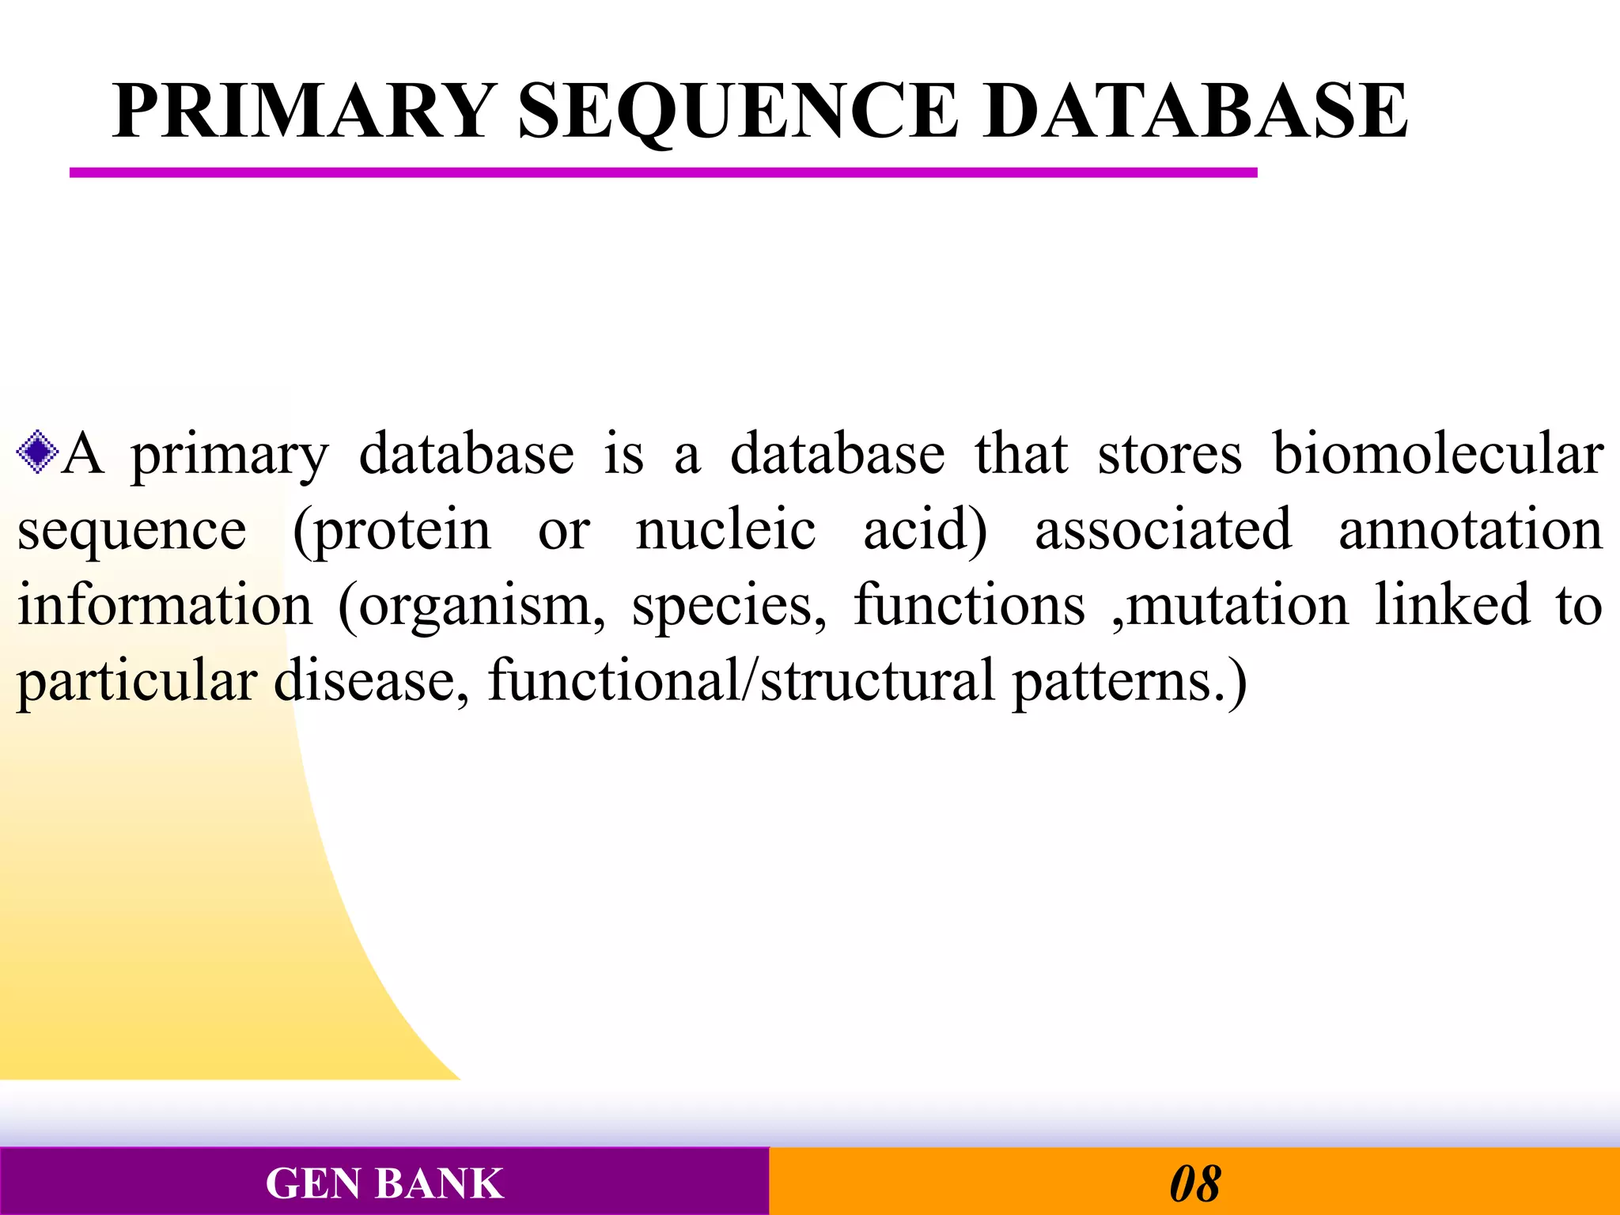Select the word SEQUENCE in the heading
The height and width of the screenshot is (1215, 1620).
pos(738,112)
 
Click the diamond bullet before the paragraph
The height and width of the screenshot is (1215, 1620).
pos(37,452)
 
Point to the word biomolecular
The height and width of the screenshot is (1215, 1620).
pos(1437,454)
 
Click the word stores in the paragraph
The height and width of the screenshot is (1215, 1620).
pos(1169,454)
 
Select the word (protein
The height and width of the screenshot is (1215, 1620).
pos(392,530)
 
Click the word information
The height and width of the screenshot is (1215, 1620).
pos(165,604)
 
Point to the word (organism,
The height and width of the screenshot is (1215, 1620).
pos(471,606)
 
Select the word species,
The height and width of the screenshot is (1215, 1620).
pos(729,606)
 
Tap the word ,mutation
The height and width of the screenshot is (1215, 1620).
pos(1229,606)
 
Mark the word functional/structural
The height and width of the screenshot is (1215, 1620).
pos(740,680)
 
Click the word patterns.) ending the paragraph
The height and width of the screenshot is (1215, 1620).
pos(1129,680)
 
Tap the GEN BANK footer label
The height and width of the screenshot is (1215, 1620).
pos(384,1183)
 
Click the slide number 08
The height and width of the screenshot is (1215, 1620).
pos(1194,1183)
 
